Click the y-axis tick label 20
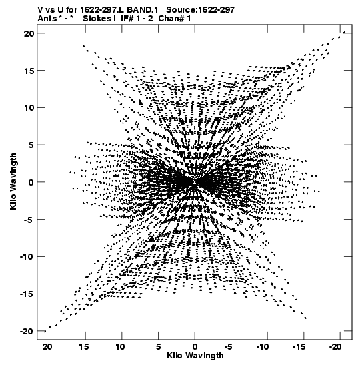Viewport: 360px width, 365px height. click(29, 33)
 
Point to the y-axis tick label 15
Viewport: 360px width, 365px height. click(29, 71)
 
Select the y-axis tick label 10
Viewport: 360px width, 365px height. click(29, 108)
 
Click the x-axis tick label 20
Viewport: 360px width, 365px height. click(47, 347)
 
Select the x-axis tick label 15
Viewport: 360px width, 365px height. click(84, 347)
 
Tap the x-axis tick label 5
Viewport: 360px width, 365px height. click(158, 347)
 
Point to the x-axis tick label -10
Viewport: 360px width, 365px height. click(263, 347)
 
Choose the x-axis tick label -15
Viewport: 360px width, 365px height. click(299, 347)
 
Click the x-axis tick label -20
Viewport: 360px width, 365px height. click(335, 347)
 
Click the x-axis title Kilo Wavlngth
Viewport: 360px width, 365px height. click(195, 356)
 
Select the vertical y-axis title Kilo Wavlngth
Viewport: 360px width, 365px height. click(13, 181)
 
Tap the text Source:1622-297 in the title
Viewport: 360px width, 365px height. click(201, 10)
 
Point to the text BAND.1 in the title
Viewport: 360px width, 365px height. click(142, 10)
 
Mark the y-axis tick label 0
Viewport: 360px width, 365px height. click(31, 182)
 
